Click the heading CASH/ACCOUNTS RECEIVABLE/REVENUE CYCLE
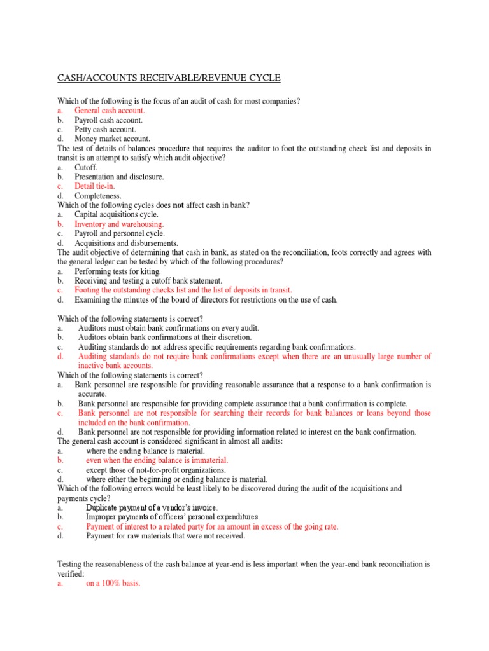(x=169, y=78)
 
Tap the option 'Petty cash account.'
(x=105, y=129)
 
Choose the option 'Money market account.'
(x=112, y=139)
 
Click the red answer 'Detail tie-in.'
(x=94, y=186)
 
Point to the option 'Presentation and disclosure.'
(x=119, y=177)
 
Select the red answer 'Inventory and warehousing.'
(x=119, y=224)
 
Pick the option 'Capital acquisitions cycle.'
(x=117, y=215)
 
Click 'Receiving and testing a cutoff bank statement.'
(x=148, y=280)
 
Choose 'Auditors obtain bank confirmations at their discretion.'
(x=165, y=337)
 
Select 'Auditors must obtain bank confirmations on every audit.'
(x=169, y=327)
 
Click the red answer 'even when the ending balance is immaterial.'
(x=157, y=460)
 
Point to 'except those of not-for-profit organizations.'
(x=156, y=469)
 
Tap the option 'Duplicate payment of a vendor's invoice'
(x=152, y=508)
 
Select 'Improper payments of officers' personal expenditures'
(x=173, y=517)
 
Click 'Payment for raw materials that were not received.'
(x=166, y=536)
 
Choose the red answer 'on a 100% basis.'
(x=113, y=583)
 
